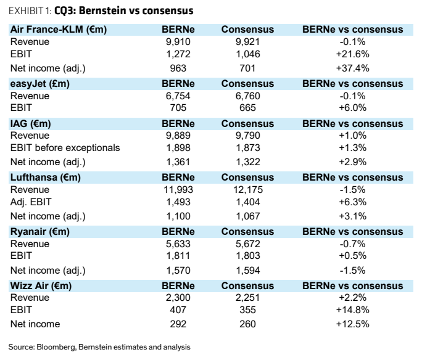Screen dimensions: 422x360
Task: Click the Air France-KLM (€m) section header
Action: click(59, 30)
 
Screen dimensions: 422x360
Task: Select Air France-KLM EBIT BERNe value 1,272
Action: click(178, 54)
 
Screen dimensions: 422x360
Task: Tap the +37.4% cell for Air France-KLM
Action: click(352, 68)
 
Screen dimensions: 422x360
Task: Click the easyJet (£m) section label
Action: click(40, 84)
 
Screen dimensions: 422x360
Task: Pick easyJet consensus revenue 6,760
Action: click(247, 96)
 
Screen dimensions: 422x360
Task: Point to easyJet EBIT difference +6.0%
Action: click(352, 107)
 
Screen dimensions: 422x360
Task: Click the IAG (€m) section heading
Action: click(30, 123)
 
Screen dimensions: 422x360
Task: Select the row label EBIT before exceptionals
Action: click(65, 147)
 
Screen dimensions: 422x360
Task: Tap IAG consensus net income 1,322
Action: click(248, 162)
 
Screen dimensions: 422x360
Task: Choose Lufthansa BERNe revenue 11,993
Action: click(178, 189)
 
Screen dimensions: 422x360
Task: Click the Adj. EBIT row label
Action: click(31, 202)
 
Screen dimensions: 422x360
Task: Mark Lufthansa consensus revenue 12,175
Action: click(248, 189)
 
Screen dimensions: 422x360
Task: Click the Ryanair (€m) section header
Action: click(40, 232)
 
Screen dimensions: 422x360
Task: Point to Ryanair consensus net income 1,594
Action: click(248, 270)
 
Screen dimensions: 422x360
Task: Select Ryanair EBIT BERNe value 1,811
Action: click(178, 255)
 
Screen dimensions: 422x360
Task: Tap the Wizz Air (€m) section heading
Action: click(41, 285)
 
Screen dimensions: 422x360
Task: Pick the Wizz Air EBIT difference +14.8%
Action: click(352, 309)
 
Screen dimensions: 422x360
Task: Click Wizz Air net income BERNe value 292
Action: click(178, 324)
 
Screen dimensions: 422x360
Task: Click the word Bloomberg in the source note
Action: click(56, 347)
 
